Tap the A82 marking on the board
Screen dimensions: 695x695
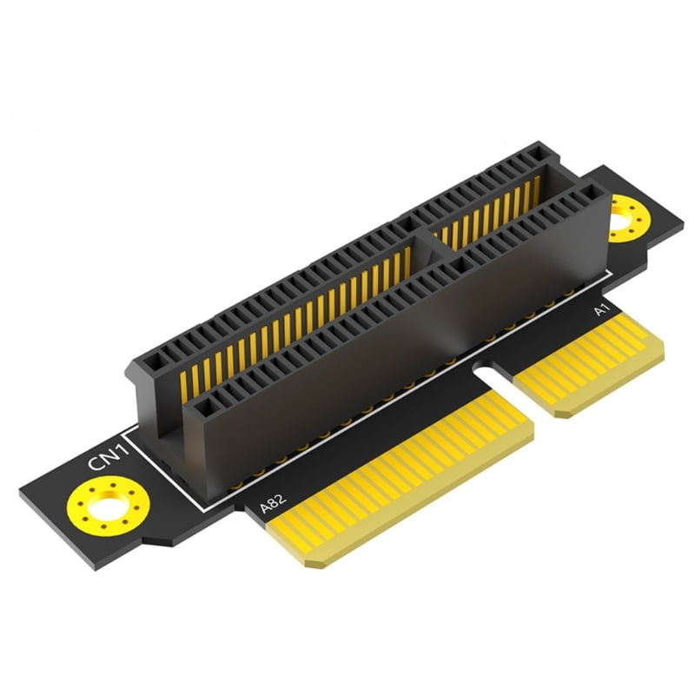coord(275,504)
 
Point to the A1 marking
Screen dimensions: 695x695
coord(599,310)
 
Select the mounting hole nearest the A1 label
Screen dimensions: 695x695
coord(622,220)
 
